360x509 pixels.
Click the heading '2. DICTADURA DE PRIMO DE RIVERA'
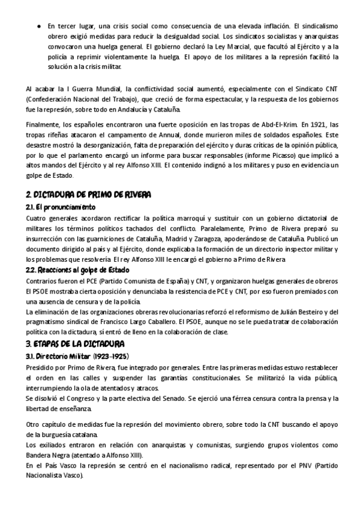88,195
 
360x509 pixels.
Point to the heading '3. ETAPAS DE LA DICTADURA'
75,344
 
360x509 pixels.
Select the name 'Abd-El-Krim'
272,124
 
